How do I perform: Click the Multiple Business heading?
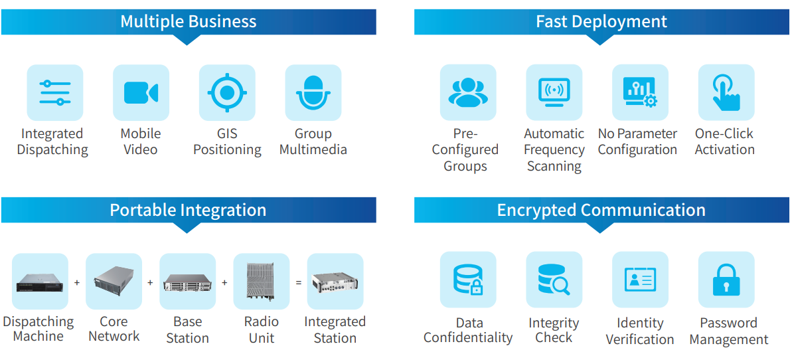[189, 22]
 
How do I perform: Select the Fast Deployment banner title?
[601, 22]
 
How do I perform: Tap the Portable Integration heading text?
[188, 210]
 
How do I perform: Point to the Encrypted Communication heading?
[601, 210]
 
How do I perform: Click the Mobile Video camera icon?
[141, 93]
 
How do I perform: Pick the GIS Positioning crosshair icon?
[227, 93]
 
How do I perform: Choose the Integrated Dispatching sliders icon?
[55, 93]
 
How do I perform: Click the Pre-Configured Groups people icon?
[468, 92]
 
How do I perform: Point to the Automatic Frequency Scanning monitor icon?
[554, 92]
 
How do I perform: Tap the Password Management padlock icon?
[726, 280]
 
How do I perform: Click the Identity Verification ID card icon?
[641, 280]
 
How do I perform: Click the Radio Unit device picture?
[260, 282]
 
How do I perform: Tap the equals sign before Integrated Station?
[298, 282]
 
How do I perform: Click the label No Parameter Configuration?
[637, 141]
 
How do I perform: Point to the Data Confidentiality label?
[468, 330]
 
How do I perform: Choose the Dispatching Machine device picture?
[40, 282]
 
